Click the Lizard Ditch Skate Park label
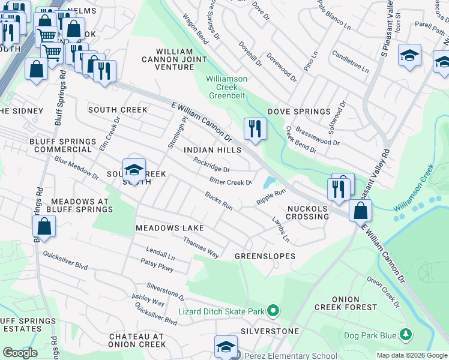click(x=221, y=311)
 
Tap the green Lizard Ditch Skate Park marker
click(x=273, y=310)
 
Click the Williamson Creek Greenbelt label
click(x=227, y=87)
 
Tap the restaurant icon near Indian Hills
click(x=255, y=128)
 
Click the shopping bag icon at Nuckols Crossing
click(x=360, y=211)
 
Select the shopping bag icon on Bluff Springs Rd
click(x=44, y=227)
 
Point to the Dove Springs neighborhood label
click(x=299, y=112)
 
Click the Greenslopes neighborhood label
click(x=265, y=256)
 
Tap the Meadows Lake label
click(x=170, y=228)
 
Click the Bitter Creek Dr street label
click(x=231, y=182)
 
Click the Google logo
click(x=20, y=353)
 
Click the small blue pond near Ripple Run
click(x=268, y=182)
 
